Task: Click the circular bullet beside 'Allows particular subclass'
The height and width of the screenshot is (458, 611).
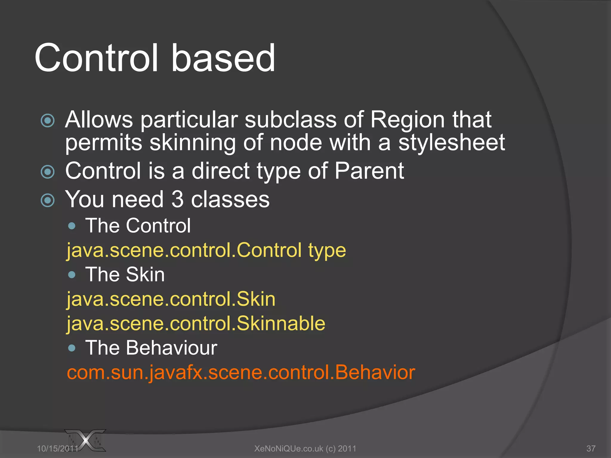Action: pos(48,121)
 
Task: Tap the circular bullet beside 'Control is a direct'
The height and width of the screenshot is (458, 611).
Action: pos(48,172)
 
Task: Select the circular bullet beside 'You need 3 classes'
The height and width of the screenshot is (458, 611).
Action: pos(48,200)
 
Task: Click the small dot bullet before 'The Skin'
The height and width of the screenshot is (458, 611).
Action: pos(72,275)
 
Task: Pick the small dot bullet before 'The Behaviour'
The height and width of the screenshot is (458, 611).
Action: pos(72,348)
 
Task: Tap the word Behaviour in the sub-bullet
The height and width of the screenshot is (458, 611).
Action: pos(172,348)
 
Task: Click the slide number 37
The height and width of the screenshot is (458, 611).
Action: pos(591,448)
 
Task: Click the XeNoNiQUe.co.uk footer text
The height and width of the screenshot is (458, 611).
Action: pos(305,448)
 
